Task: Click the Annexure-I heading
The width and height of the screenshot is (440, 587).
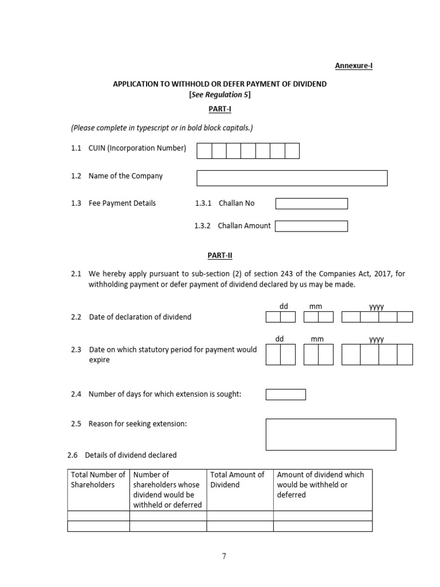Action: click(353, 66)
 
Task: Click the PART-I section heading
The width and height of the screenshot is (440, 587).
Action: click(220, 108)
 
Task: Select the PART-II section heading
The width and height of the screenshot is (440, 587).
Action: click(220, 256)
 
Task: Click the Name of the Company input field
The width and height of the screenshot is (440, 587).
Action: click(292, 178)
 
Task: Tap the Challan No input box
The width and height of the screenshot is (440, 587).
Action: click(311, 204)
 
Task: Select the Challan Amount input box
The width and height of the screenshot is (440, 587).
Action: click(311, 226)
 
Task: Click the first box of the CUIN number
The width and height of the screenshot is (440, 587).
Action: click(205, 151)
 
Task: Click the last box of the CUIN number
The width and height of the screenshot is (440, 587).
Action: click(292, 151)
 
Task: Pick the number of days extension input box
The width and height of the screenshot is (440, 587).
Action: click(285, 394)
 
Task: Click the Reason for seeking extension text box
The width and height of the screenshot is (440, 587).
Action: click(331, 434)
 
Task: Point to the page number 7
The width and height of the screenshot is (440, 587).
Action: click(224, 556)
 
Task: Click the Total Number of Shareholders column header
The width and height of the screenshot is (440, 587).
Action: click(98, 480)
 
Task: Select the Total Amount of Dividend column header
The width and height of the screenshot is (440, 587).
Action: click(238, 480)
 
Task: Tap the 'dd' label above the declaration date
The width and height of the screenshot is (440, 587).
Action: click(284, 307)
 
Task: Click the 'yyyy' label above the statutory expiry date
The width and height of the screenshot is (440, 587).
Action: click(376, 339)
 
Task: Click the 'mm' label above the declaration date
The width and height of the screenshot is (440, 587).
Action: click(316, 307)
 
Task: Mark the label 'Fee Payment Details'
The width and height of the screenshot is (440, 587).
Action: click(122, 204)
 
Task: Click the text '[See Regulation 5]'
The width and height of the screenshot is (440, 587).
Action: click(220, 95)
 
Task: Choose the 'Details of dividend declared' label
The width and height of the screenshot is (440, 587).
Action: click(131, 455)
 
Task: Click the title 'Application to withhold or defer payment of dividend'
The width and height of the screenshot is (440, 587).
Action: click(220, 84)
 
